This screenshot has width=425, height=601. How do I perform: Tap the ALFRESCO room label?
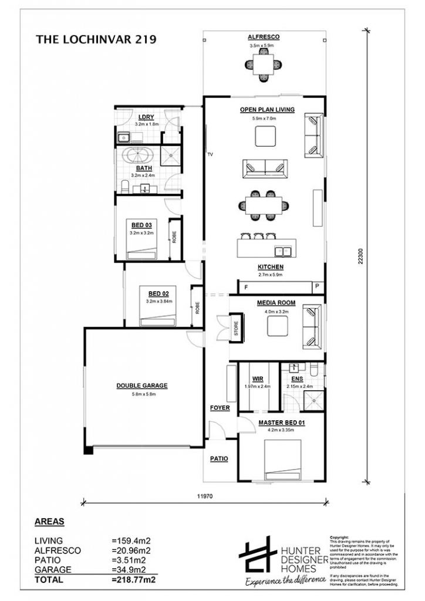pos(264,37)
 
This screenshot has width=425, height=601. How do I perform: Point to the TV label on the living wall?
pos(210,155)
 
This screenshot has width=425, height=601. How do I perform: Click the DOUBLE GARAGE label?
pos(141,386)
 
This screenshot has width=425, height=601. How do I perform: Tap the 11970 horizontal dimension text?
pos(204,496)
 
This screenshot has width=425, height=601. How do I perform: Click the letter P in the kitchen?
pos(316,287)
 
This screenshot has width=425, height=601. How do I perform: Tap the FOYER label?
pos(220,407)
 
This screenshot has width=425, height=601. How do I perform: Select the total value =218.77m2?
pos(133,579)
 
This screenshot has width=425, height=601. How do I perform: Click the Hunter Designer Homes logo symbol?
pos(258,555)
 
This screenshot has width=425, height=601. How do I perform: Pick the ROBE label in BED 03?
pos(174,237)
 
